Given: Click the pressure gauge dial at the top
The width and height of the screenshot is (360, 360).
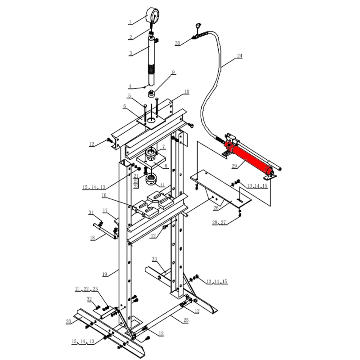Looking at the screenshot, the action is pos(153,15).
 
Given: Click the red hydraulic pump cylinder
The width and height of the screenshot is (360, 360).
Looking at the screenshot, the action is pos(250,158).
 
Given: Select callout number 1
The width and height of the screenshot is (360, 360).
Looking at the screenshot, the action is pos(130,22).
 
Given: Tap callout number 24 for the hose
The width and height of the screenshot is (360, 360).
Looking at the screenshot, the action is pos(239,56).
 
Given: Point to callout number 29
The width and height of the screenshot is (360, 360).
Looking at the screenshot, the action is pos(234,166).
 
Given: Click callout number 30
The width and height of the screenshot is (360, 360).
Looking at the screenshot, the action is pos(177,43).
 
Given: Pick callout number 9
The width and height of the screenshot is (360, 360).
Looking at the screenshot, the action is pos(173,72).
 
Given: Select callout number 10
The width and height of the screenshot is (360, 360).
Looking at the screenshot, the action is pos(187,92).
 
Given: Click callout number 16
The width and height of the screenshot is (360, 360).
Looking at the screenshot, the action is pos(104,195).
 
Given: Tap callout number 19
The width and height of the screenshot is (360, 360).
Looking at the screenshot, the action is pos(104,274).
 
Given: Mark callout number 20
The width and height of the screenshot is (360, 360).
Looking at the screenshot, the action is pos(68,321).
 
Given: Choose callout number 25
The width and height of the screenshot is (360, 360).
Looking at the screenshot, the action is pos(186,320).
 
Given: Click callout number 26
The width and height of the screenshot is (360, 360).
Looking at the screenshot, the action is pos(216,208).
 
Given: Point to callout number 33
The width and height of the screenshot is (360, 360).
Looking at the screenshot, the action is pos(154,259).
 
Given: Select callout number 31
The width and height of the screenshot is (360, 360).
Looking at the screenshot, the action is pos(91,212).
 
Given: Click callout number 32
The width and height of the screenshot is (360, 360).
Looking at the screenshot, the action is pos(89,299).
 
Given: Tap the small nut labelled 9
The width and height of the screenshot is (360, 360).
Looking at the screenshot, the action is pos(151,94).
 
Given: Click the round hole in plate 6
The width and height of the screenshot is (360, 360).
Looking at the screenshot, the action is pos(151,120).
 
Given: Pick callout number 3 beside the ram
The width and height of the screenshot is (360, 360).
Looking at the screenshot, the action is pos(130,53).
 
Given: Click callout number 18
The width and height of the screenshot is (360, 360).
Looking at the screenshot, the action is pos(92,238).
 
